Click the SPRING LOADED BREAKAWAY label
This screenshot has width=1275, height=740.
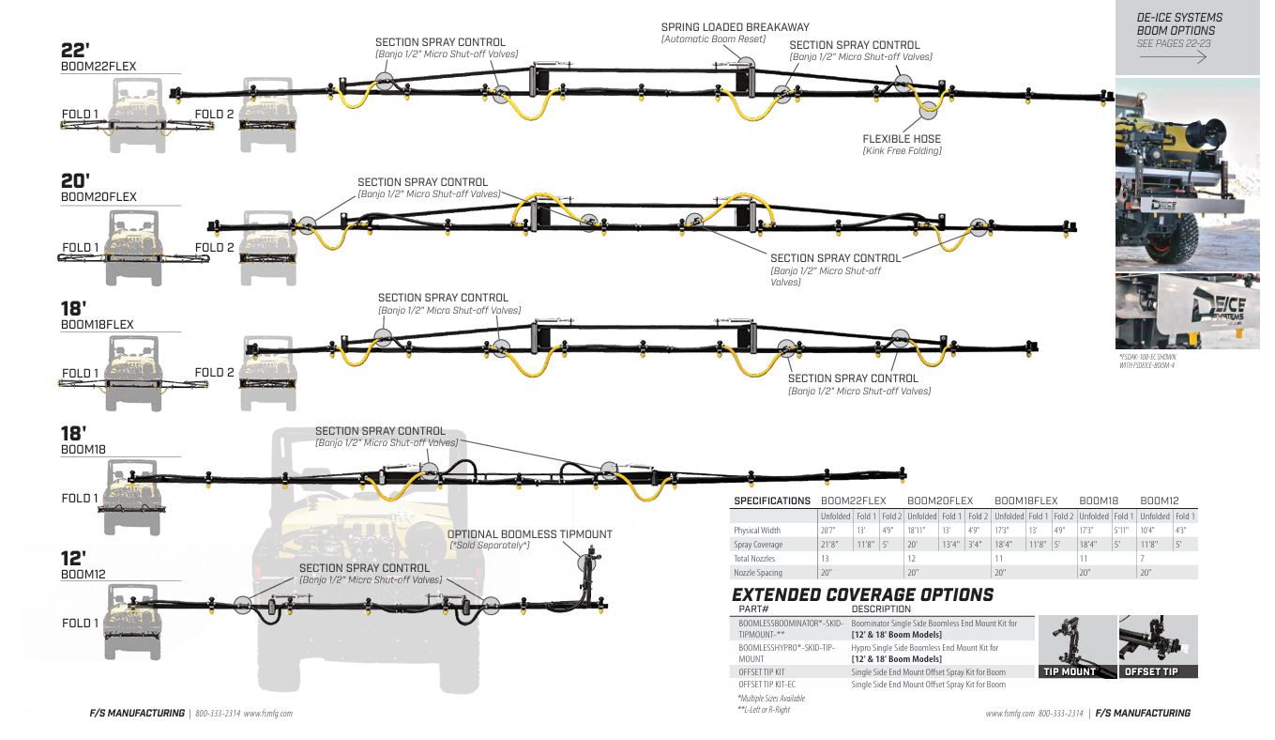(x=735, y=27)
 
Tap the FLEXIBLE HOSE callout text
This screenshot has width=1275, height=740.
(x=901, y=139)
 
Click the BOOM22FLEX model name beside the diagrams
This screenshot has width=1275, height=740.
(x=99, y=68)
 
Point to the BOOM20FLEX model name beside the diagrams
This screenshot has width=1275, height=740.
(x=99, y=197)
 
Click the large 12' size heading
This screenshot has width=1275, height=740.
(x=74, y=559)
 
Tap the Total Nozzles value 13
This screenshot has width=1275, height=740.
(x=825, y=558)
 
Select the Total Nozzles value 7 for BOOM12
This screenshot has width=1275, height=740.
(x=1142, y=558)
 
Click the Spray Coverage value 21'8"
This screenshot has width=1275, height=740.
(x=829, y=544)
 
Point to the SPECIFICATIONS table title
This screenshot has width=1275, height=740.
(x=771, y=501)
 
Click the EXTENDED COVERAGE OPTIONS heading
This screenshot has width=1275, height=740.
(x=861, y=594)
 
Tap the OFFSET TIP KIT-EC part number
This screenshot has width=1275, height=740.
(x=767, y=685)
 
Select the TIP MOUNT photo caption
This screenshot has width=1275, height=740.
(x=1069, y=671)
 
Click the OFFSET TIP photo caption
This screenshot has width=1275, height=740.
(x=1151, y=671)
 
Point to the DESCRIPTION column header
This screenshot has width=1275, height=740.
(x=880, y=609)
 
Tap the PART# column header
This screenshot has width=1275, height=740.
(x=753, y=609)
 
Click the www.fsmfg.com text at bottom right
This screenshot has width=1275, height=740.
(x=1009, y=714)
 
